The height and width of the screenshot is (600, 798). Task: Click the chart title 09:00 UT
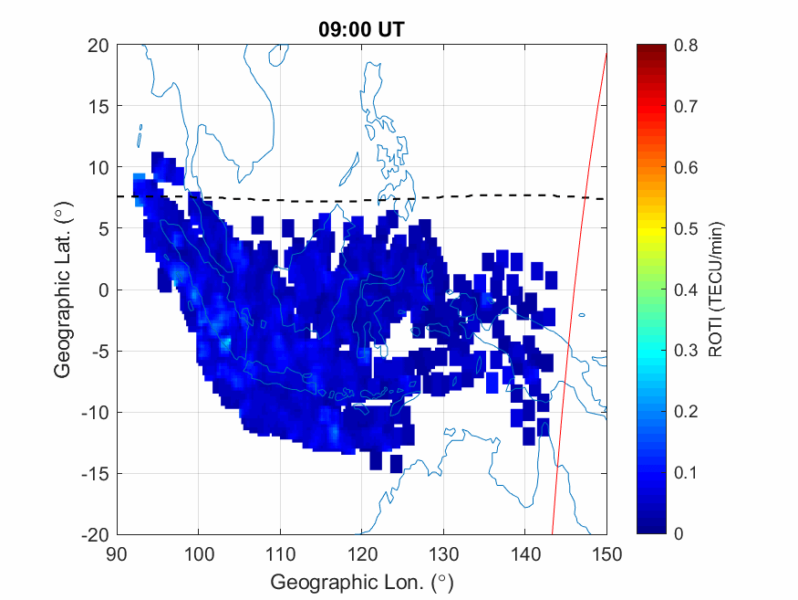(361, 29)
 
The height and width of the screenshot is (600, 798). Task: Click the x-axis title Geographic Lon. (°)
(361, 581)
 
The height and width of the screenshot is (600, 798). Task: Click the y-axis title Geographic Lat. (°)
(62, 290)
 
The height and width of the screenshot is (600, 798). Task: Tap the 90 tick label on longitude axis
(117, 553)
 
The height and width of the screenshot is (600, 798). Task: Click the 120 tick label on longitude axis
(362, 553)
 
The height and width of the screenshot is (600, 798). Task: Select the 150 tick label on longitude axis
(606, 553)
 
